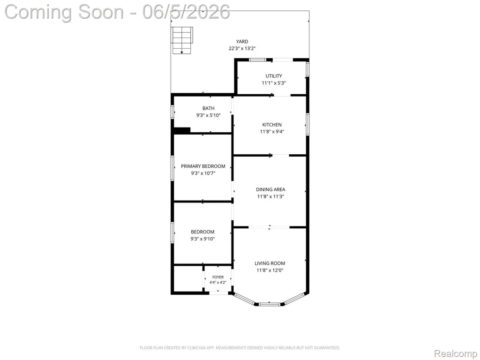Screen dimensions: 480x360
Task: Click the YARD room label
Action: (242, 42)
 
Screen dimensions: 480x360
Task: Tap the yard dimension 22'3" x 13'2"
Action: (242, 48)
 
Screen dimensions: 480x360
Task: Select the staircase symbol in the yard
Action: (182, 40)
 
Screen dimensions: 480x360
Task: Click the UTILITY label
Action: (274, 76)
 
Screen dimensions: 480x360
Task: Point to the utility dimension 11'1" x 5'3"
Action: (274, 83)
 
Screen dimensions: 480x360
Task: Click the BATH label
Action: (209, 108)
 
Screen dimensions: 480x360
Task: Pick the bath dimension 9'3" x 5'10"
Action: (209, 115)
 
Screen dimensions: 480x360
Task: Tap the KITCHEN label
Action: (272, 125)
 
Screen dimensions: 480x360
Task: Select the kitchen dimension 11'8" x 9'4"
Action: (272, 132)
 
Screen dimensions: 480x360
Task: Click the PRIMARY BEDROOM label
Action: (203, 166)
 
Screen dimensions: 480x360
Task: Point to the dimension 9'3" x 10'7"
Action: (203, 173)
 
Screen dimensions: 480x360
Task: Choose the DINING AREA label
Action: (270, 189)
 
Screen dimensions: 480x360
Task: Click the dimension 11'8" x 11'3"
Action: (270, 196)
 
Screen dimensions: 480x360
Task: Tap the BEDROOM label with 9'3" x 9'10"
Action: (202, 232)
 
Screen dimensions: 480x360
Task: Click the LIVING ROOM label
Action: (270, 263)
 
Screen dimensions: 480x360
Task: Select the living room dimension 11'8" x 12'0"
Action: (270, 270)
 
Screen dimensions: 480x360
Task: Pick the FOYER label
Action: (218, 277)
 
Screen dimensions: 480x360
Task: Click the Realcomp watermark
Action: (456, 353)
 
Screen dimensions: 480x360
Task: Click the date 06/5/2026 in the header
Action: (186, 12)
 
